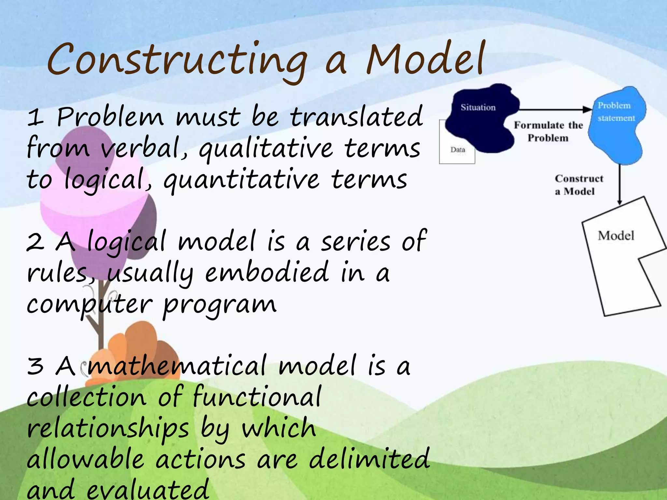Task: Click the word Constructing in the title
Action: pyautogui.click(x=177, y=60)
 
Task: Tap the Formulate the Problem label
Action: pyautogui.click(x=548, y=132)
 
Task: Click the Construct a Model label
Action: pyautogui.click(x=578, y=185)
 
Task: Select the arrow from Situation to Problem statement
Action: pyautogui.click(x=554, y=110)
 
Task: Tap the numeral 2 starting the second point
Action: pyautogui.click(x=35, y=243)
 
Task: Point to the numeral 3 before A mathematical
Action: pyautogui.click(x=35, y=366)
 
